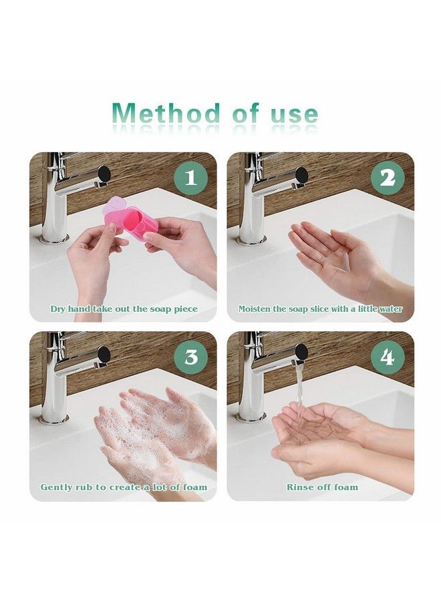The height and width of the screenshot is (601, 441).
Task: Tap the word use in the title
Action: click(295, 115)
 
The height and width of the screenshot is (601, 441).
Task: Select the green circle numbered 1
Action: click(191, 178)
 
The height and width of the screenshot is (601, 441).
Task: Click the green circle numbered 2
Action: click(388, 178)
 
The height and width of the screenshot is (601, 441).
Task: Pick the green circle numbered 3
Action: click(191, 357)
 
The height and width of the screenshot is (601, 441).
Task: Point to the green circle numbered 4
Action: click(388, 357)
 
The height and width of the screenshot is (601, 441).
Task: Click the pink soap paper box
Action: click(130, 219)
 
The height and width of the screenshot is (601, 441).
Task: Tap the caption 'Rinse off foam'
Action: click(322, 487)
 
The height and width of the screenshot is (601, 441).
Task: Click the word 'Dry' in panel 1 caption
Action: click(59, 309)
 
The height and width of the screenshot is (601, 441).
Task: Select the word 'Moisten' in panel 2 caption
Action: click(255, 309)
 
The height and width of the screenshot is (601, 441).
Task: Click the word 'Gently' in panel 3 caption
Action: click(53, 487)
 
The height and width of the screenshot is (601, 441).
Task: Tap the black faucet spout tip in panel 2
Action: click(301, 175)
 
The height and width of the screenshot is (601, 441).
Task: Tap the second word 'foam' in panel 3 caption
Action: click(195, 487)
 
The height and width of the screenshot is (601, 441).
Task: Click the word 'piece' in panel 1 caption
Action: click(186, 310)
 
